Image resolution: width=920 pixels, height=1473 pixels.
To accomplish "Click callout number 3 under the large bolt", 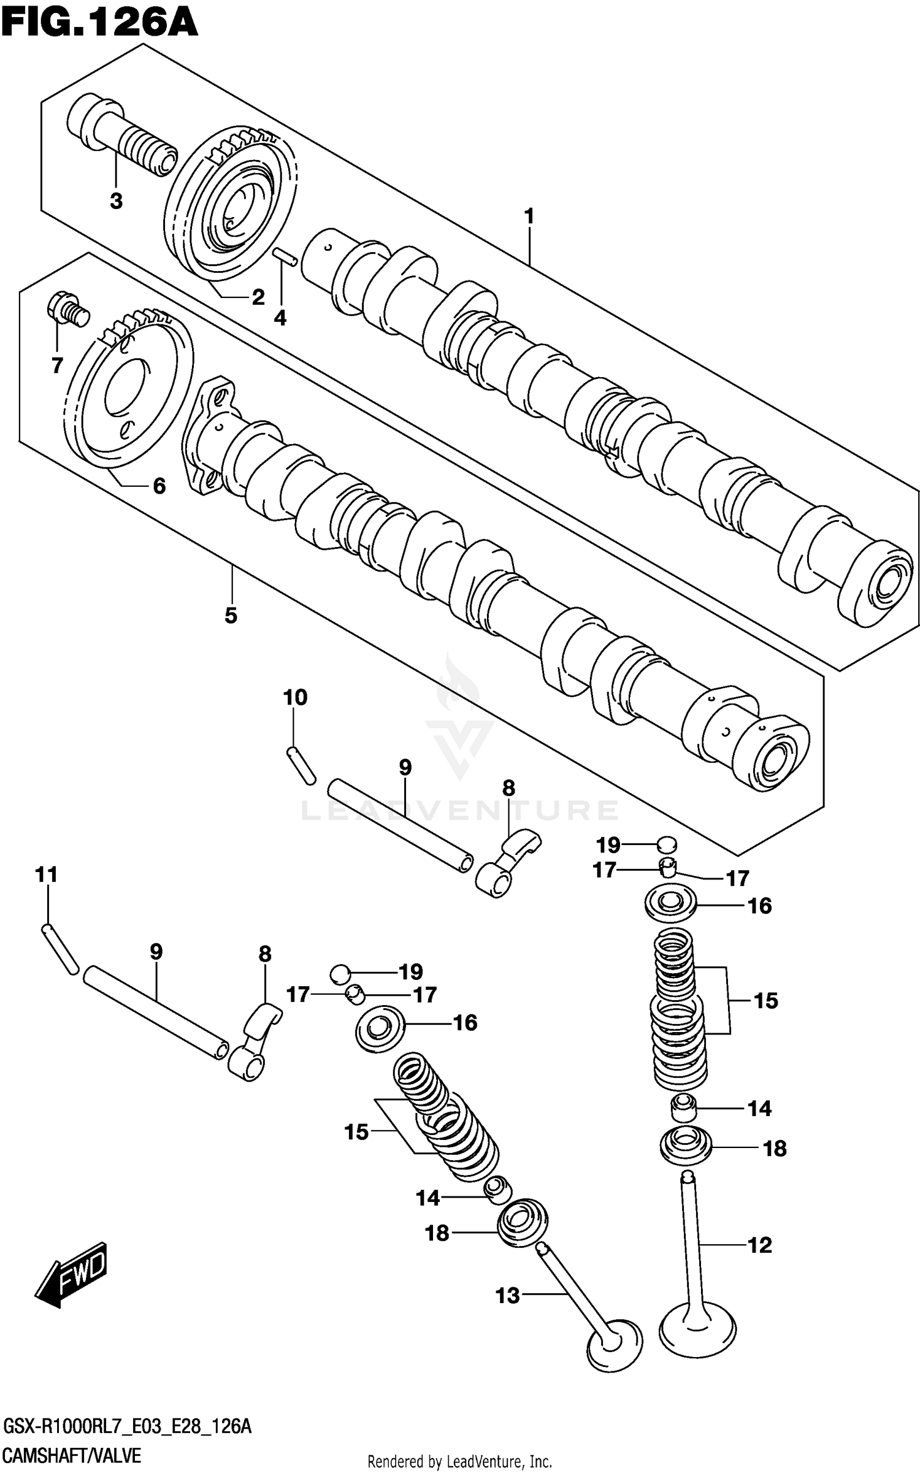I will [x=116, y=201].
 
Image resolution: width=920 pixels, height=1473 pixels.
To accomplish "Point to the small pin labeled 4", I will [x=286, y=257].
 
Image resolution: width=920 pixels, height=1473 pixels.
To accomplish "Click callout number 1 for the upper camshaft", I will [x=529, y=216].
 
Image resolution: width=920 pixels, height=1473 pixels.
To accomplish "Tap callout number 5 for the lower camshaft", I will [x=231, y=615].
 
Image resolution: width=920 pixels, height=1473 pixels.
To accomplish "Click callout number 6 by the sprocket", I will [x=159, y=486].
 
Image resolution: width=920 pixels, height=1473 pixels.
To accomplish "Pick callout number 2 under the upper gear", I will [x=258, y=297].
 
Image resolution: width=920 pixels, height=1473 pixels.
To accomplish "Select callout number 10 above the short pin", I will [x=295, y=697].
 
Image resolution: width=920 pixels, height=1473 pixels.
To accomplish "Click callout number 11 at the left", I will [x=46, y=874].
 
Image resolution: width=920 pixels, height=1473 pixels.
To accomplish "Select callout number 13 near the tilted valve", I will [x=508, y=1296].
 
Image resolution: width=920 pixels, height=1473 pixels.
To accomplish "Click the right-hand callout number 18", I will [x=775, y=1148].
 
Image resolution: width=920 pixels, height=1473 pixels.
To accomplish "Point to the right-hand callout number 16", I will [x=760, y=905].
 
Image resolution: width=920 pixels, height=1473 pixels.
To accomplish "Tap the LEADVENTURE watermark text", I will [x=460, y=811].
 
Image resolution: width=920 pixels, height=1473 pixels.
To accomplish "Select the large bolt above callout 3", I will [x=120, y=136].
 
